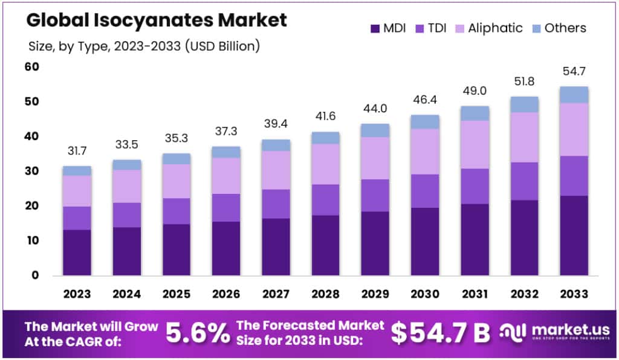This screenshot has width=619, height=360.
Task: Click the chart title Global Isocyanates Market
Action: coord(157,21)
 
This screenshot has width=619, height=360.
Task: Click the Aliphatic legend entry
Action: coord(487,28)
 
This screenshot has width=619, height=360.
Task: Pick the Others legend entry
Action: coord(557,28)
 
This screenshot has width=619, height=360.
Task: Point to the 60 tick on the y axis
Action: coord(31,66)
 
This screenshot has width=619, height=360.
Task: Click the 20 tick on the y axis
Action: coord(31,206)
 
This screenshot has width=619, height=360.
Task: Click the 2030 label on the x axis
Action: coord(424,294)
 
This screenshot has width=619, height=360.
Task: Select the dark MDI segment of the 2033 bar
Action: coord(574,235)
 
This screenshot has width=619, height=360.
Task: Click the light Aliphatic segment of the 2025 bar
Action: coord(176,181)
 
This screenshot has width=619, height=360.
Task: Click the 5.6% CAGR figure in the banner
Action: coord(198,332)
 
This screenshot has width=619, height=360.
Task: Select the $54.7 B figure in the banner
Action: coord(440,332)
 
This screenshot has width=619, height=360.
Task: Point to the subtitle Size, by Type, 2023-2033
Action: coord(144,46)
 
